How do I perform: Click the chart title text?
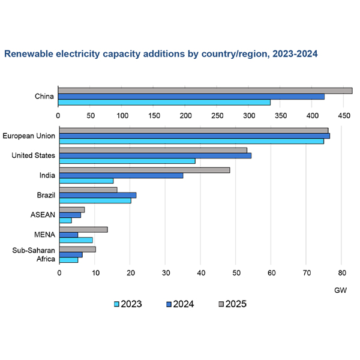coord(161,54)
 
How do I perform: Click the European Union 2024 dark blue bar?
coord(194,136)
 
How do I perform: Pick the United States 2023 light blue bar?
coord(127,161)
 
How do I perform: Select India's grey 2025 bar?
coord(145,170)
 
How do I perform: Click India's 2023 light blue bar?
coord(86,181)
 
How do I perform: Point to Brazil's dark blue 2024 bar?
coord(98,195)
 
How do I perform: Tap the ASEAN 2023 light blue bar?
coord(65,220)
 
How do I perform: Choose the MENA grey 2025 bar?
coord(83,229)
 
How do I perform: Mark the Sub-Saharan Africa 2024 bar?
coord(71,254)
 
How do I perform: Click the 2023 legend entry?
coord(127,304)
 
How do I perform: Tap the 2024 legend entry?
coord(179,304)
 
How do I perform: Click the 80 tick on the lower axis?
coord(341,273)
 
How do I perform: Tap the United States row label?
coord(34,156)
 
